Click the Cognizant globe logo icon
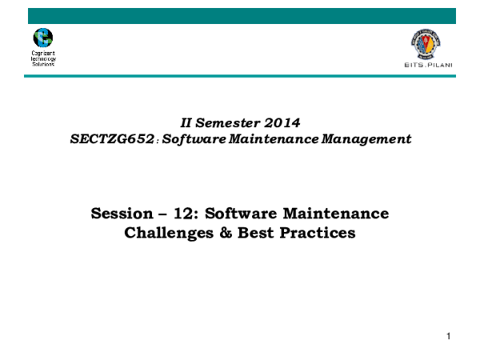(x=42, y=38)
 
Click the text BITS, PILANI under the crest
(x=425, y=67)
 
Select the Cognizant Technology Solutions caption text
(x=42, y=58)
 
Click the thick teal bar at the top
(x=240, y=15)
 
